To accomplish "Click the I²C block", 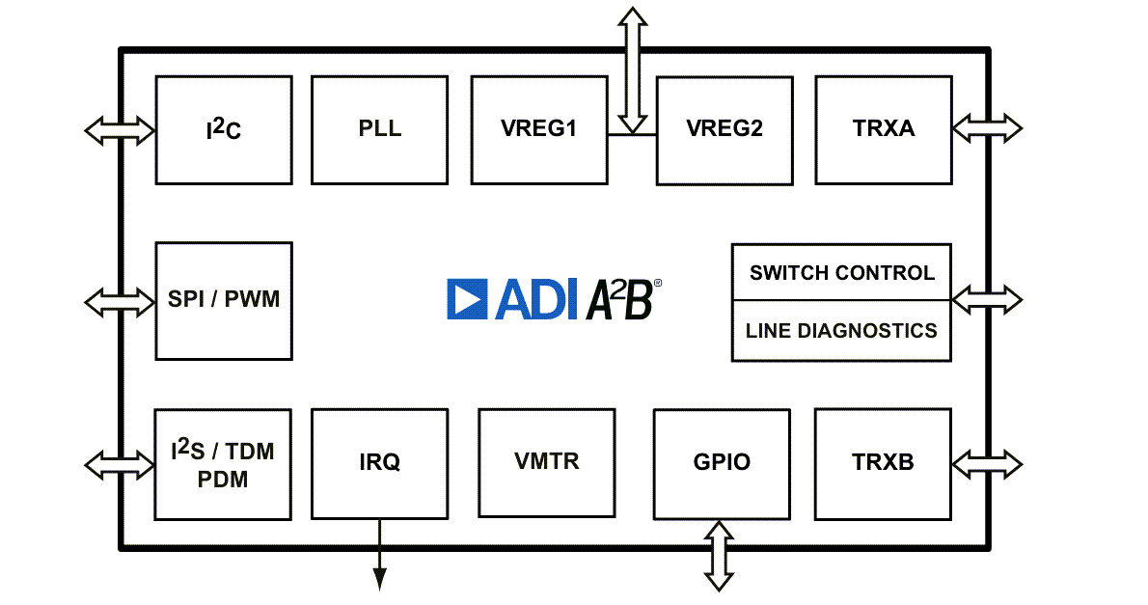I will pos(224,130).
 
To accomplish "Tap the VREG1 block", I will pos(538,130).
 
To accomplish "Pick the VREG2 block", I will pos(724,130).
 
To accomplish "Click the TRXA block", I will pos(884,130).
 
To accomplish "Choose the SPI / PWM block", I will pos(224,301).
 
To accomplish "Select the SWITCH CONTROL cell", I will pos(841,273).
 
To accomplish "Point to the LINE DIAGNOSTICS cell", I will pos(841,331).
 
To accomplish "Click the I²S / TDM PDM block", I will pos(224,464).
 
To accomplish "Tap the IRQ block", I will pos(379,463).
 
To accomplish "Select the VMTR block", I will pos(547,462).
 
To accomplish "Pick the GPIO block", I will pos(722,463).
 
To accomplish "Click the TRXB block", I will pos(883,463).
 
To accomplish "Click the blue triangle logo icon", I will pos(468,300).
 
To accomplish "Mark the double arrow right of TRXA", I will pos(987,127).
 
